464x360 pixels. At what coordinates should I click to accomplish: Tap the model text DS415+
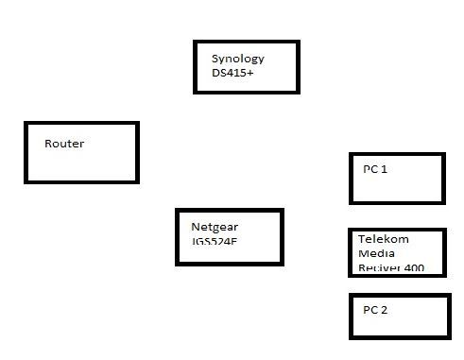coord(232,73)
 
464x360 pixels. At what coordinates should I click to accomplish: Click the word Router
coord(64,144)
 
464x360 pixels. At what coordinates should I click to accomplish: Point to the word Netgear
coord(214,228)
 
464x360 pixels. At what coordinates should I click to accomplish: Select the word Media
coord(373,253)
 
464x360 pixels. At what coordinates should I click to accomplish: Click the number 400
coord(412,267)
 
